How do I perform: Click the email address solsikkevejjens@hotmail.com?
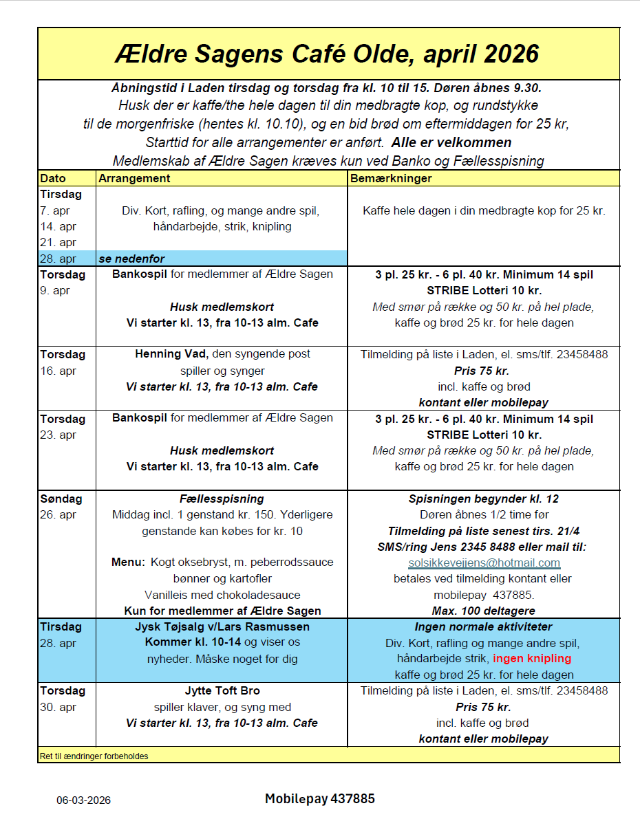click(484, 563)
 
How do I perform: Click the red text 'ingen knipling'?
click(532, 658)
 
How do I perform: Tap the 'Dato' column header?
click(53, 178)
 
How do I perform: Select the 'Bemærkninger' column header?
click(391, 178)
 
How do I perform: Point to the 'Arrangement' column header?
click(134, 178)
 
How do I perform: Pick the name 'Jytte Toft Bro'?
click(222, 690)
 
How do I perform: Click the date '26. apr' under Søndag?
click(58, 514)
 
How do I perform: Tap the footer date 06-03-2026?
click(83, 800)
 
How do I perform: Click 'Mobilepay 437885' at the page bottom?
click(320, 798)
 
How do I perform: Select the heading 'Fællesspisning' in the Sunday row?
click(222, 499)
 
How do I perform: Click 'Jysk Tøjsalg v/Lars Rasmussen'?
click(222, 626)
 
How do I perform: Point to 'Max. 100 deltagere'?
click(483, 611)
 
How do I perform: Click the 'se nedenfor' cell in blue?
click(132, 259)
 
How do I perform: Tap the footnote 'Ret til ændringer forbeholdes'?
click(94, 756)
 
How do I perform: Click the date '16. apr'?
click(58, 371)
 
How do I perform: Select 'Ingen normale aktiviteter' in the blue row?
click(483, 626)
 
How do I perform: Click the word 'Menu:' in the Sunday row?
click(128, 562)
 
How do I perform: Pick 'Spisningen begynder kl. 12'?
click(483, 499)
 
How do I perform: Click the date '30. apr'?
click(58, 707)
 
